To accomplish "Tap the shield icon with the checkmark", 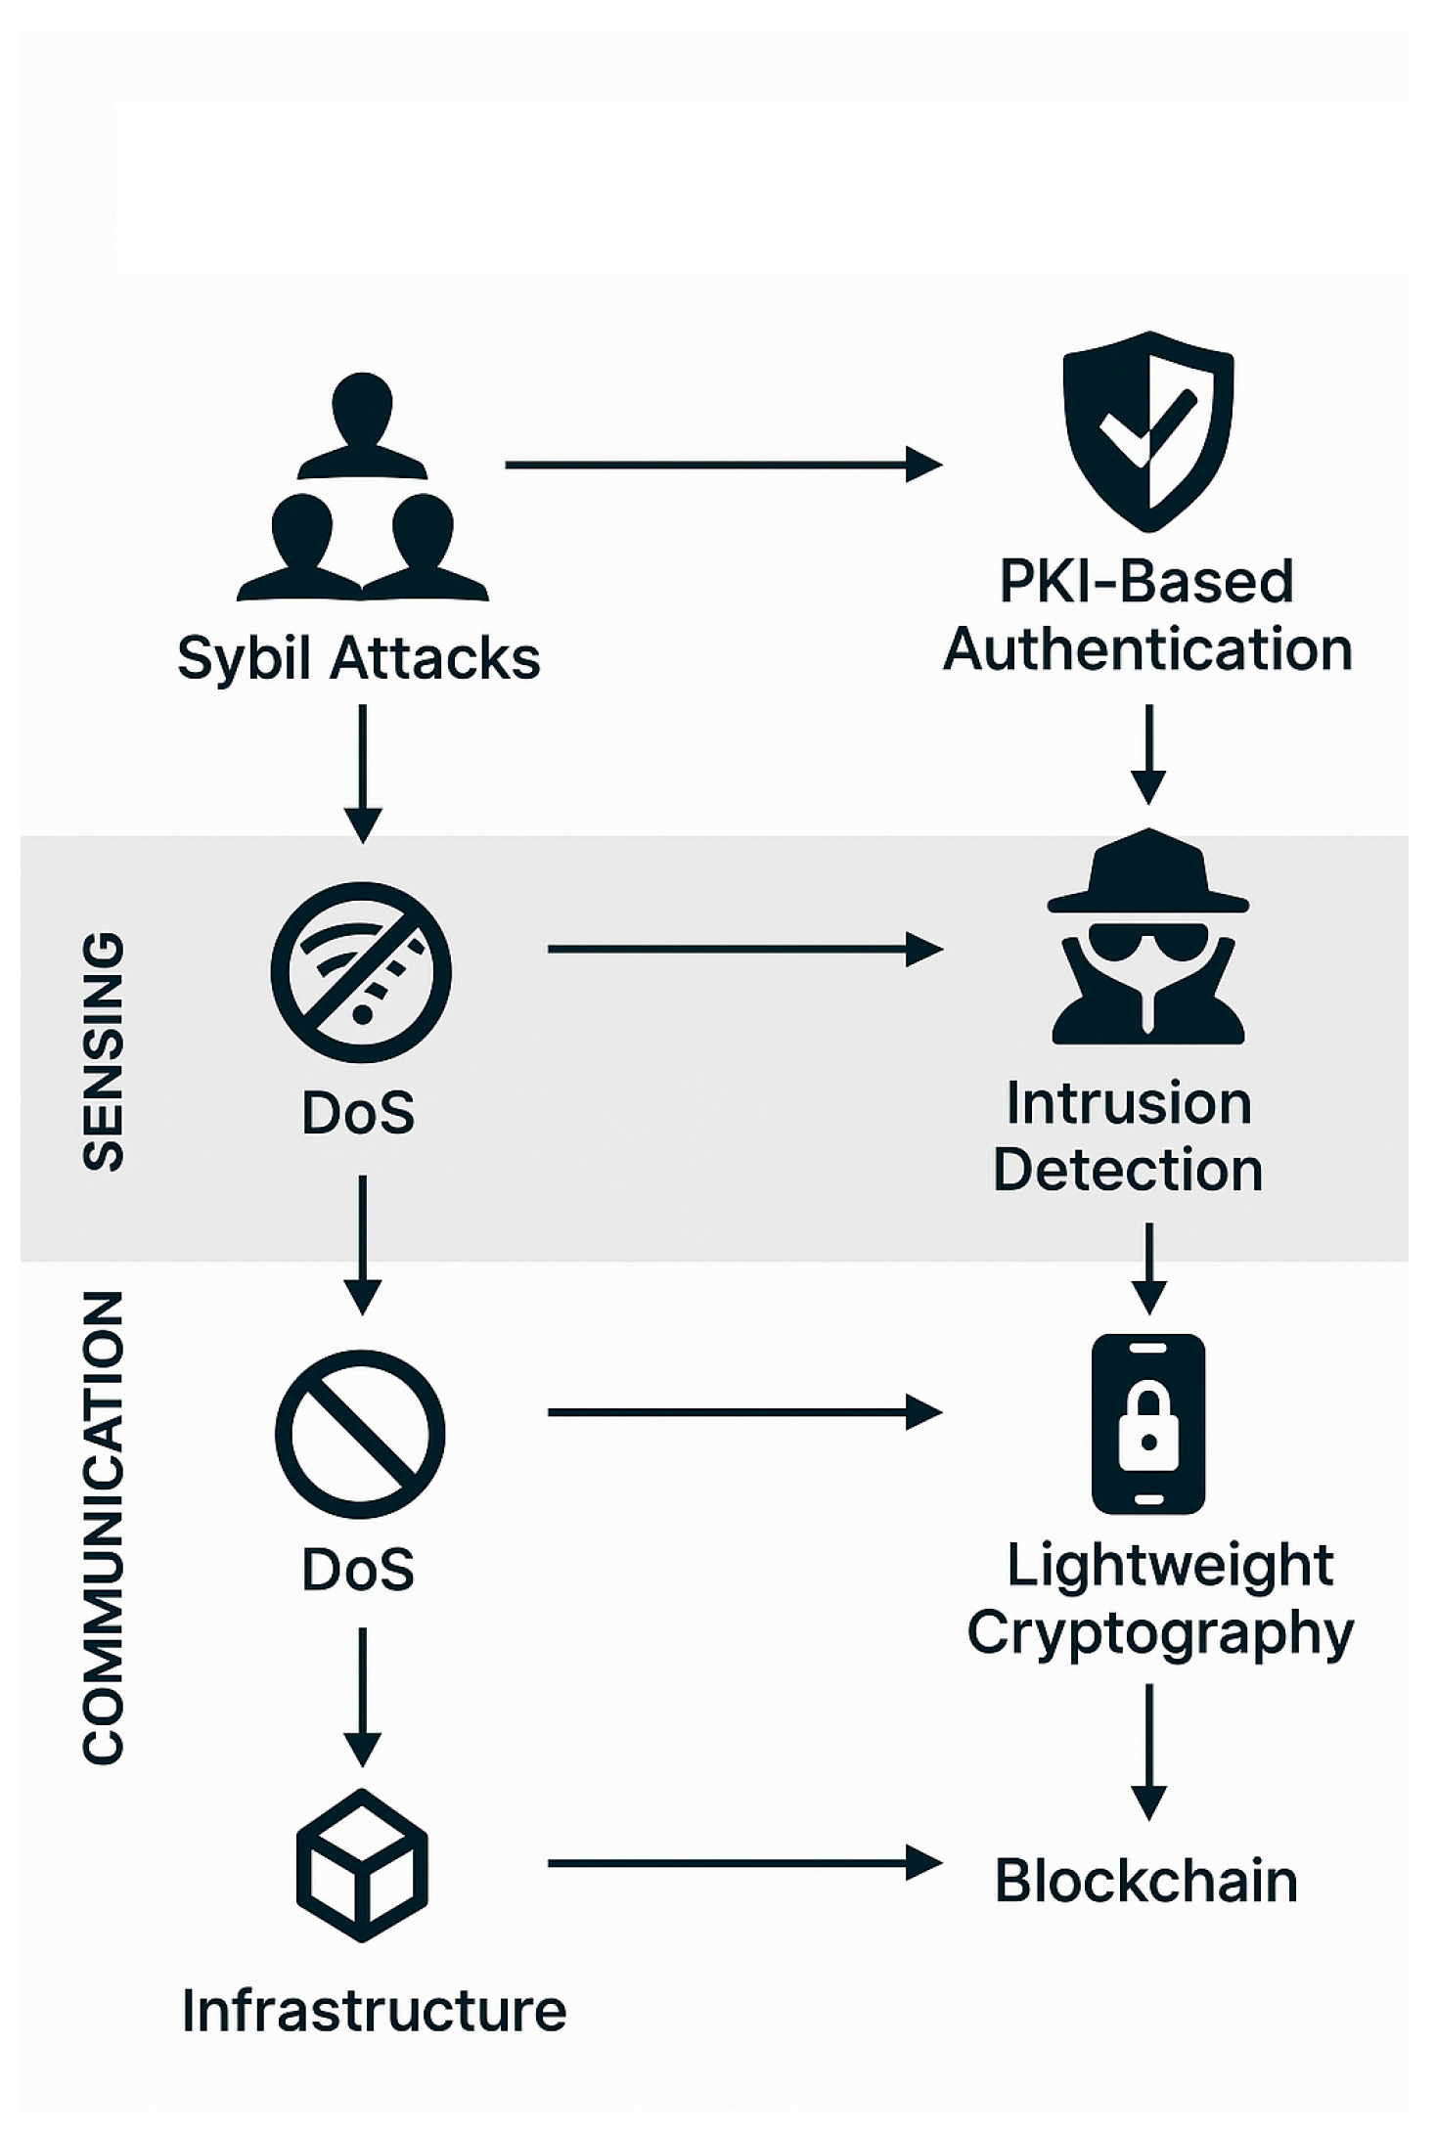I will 1148,430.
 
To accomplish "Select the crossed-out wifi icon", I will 361,971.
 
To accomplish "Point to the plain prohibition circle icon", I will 360,1434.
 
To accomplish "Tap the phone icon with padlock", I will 1148,1423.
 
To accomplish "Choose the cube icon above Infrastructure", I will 362,1864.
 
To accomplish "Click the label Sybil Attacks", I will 359,658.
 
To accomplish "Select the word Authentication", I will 1147,650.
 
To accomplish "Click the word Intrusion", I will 1129,1103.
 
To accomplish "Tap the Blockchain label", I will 1145,1881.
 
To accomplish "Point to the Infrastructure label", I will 374,2011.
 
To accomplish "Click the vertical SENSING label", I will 104,1051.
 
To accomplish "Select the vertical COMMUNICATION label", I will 104,1527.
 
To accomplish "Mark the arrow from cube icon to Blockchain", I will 743,1863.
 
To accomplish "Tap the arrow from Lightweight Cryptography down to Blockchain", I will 1148,1751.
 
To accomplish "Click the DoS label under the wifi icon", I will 358,1113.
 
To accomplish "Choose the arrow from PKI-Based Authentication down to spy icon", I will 1148,753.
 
